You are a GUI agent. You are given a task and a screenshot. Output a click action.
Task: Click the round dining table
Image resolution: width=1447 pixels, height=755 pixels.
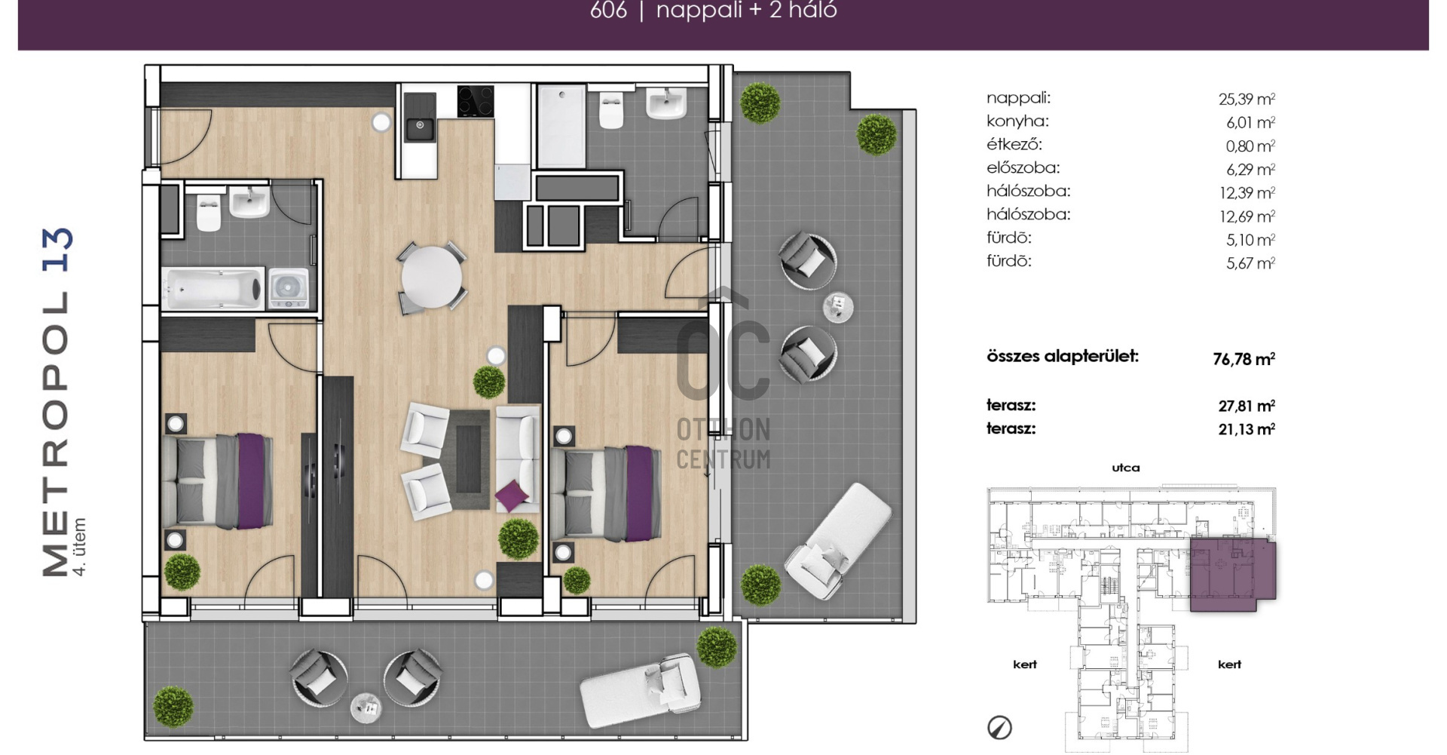pos(432,277)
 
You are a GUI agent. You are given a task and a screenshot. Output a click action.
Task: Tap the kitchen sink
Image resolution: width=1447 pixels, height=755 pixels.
pos(420,127)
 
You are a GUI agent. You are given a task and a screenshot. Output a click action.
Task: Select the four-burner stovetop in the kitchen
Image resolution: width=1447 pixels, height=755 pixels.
pos(476,101)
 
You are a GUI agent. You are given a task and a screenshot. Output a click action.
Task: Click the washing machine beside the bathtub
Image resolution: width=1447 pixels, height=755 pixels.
pos(289,289)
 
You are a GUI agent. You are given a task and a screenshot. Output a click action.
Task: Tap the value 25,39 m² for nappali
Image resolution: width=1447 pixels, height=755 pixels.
pos(1247,99)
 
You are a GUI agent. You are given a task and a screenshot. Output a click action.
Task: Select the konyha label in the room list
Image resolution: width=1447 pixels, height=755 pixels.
pos(1017,121)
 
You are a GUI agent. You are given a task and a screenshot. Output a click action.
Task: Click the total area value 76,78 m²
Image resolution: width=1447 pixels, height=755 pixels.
pos(1244,359)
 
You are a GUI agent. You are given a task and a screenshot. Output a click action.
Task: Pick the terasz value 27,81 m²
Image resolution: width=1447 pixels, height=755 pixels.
pos(1247,406)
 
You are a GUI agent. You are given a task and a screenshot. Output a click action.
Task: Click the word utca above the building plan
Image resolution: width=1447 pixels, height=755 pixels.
pos(1126,468)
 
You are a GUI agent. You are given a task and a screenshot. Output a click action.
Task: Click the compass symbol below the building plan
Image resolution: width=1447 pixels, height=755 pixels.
pos(999,728)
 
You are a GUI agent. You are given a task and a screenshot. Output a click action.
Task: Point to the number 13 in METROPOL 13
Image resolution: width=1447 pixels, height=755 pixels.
pos(57,249)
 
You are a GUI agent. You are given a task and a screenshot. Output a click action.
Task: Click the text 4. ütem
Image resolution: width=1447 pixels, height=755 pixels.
pos(79,547)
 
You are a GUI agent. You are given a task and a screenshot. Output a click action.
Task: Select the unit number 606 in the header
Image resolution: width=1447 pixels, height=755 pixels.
pos(608,11)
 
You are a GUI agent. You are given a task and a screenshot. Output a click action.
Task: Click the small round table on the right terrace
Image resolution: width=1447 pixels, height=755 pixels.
pos(838,307)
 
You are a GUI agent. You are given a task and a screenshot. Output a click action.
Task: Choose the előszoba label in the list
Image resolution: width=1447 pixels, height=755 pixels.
pos(1023,167)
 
